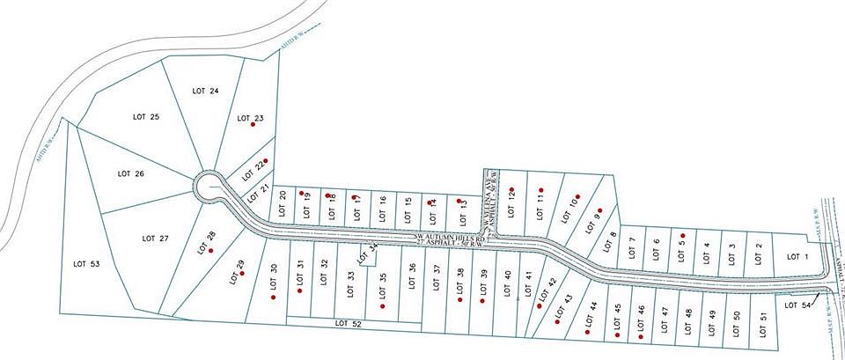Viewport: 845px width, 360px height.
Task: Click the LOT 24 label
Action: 203,90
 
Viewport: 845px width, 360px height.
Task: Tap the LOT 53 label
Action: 87,263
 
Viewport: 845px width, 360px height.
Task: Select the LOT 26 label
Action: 130,173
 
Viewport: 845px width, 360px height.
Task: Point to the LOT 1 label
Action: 797,257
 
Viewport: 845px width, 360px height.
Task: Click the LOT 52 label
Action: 349,324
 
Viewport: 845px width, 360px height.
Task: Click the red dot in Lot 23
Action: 253,125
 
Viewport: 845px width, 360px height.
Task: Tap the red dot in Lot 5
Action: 682,235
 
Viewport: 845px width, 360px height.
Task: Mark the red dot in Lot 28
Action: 211,251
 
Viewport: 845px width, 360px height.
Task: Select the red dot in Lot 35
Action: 383,306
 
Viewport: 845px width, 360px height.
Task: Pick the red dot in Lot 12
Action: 511,189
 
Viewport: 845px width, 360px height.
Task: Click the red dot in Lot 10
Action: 577,197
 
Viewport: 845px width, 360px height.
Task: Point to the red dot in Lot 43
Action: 558,321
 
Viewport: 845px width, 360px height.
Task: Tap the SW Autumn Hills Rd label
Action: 451,238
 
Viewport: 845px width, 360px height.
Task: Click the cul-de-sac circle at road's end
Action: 210,187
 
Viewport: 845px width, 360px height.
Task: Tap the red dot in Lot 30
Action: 274,298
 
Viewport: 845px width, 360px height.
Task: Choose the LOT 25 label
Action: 145,117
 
